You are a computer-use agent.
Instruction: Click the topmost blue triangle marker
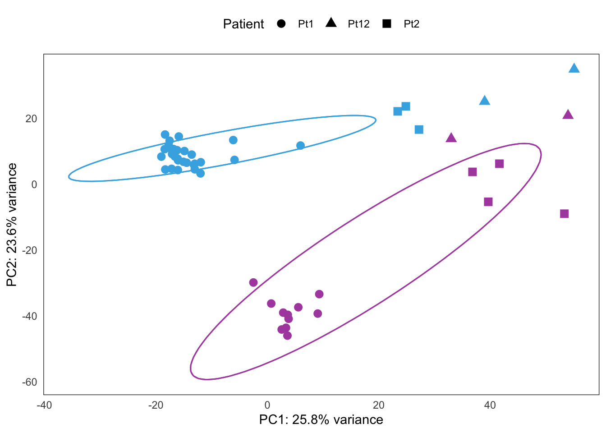coord(574,69)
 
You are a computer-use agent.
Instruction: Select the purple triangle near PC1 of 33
coord(451,138)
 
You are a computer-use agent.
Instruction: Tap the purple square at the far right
coord(564,214)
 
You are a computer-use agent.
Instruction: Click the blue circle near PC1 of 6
coord(300,146)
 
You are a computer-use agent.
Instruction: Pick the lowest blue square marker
coord(419,130)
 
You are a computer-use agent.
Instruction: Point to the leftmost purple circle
coord(253,283)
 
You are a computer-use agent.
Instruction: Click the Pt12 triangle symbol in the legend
coord(331,23)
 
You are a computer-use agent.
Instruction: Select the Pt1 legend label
coord(305,24)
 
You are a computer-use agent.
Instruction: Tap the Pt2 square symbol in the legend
coord(387,24)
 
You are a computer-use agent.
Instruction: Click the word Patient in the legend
coord(243,24)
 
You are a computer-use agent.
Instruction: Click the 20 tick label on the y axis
coord(31,119)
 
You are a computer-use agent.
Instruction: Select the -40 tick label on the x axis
coord(44,405)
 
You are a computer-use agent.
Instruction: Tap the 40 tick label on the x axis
coord(490,405)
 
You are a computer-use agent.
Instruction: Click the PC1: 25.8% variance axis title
coord(321,420)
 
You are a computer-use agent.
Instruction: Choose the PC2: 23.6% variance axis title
coord(12,225)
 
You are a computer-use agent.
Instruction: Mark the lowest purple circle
coord(287,336)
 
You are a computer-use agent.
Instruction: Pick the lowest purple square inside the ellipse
coord(488,202)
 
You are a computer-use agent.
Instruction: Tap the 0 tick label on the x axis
coord(267,405)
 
